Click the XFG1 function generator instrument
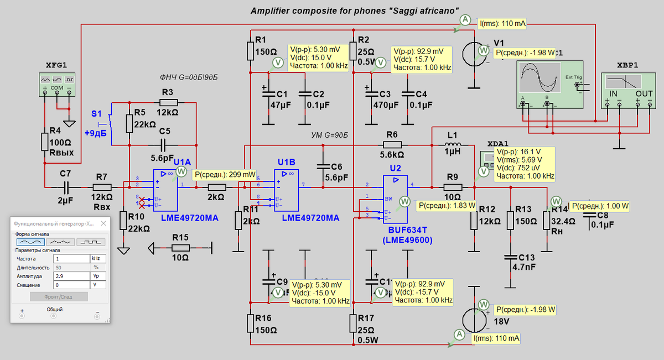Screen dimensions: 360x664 pyautogui.click(x=56, y=84)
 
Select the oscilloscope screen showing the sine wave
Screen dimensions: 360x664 pyautogui.click(x=539, y=77)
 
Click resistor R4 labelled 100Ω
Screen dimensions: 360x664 pyautogui.click(x=45, y=142)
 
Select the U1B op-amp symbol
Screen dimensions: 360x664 pyautogui.click(x=287, y=186)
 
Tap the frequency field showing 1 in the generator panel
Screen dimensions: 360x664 pyautogui.click(x=71, y=258)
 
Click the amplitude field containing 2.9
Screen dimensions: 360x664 pyautogui.click(x=71, y=275)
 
